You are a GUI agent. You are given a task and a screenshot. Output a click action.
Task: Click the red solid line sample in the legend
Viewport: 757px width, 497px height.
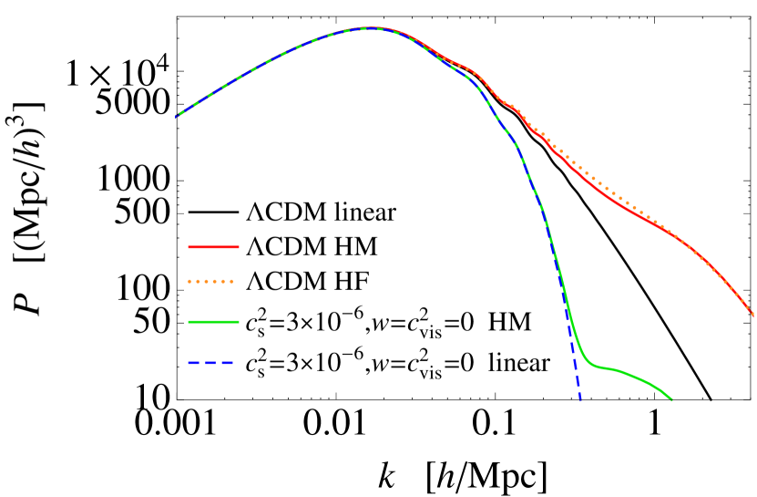[x=213, y=247]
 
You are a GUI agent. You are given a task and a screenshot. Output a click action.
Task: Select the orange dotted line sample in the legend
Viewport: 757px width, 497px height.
[x=211, y=282]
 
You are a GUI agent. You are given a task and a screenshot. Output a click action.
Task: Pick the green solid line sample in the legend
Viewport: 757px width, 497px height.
[x=213, y=322]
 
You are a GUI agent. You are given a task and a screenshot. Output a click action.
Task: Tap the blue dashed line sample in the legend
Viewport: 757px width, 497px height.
[x=210, y=363]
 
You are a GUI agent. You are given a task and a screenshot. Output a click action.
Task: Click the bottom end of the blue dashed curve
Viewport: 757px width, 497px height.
[x=579, y=399]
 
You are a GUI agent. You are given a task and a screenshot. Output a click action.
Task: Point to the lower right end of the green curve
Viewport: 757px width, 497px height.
[x=671, y=399]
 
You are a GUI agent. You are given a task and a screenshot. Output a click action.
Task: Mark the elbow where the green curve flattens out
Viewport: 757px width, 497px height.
[x=592, y=365]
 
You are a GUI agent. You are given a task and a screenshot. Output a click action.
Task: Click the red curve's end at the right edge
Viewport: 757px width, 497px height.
[x=753, y=316]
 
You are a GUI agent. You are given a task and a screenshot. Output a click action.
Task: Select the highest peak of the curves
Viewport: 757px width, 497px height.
[x=372, y=28]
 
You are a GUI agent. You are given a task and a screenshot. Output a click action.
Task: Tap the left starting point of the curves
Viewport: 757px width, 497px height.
[x=176, y=117]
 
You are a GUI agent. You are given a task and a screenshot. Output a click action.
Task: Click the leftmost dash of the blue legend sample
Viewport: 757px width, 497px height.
[x=192, y=363]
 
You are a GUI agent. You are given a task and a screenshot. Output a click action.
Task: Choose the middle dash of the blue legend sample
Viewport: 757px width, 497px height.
[x=210, y=363]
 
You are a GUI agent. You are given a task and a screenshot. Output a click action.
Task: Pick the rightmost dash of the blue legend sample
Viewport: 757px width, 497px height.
[x=228, y=363]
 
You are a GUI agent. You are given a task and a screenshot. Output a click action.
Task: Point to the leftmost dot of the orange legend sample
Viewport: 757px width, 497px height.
[x=190, y=282]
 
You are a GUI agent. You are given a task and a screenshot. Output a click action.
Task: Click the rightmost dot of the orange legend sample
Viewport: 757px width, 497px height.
[x=231, y=282]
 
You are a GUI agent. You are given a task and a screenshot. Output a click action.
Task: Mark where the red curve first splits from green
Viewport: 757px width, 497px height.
[x=401, y=35]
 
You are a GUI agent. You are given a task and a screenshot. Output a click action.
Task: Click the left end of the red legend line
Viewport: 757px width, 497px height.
[x=189, y=247]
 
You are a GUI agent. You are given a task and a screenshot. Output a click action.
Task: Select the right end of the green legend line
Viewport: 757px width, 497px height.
[x=239, y=322]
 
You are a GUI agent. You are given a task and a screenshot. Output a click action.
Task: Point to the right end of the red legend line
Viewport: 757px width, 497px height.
[x=239, y=247]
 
